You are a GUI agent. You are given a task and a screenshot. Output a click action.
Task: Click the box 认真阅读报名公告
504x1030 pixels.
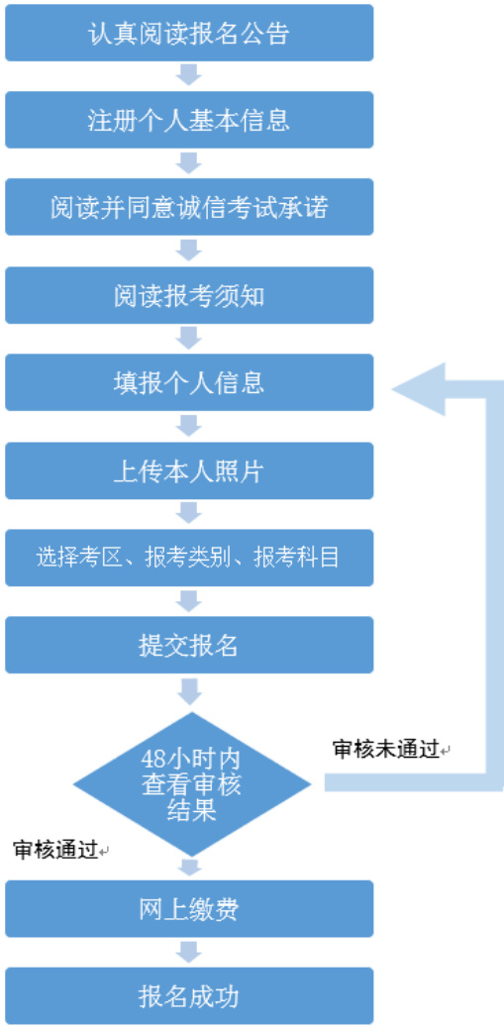point(189,33)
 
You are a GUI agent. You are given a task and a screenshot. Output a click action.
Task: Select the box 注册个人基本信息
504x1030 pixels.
point(189,120)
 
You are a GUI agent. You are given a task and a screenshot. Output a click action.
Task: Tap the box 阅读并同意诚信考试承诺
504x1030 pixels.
point(189,207)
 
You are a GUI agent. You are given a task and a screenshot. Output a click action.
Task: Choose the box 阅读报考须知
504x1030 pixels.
point(189,295)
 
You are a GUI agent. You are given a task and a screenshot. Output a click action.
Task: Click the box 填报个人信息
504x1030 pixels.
point(189,382)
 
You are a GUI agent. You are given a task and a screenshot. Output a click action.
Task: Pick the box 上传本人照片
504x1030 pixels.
point(189,470)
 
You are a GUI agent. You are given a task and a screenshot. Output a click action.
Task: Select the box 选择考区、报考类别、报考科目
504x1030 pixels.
point(189,558)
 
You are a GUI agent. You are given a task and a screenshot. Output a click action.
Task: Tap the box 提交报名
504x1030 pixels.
point(189,645)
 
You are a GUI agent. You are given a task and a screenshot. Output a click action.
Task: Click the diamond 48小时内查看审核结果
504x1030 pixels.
point(191,783)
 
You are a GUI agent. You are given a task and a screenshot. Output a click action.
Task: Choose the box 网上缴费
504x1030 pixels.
point(189,909)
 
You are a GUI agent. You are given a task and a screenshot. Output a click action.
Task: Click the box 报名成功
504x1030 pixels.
point(189,996)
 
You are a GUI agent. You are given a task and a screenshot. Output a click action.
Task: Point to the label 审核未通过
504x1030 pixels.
point(386,750)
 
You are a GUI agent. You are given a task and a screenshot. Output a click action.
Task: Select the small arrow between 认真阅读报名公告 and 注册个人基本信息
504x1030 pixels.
point(189,75)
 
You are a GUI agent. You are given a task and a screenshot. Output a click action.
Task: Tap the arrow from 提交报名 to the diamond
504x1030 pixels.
point(189,691)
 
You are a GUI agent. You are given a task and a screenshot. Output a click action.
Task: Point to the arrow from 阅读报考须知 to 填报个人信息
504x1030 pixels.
point(189,339)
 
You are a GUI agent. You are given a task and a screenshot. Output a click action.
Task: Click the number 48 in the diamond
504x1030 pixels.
point(153,759)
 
